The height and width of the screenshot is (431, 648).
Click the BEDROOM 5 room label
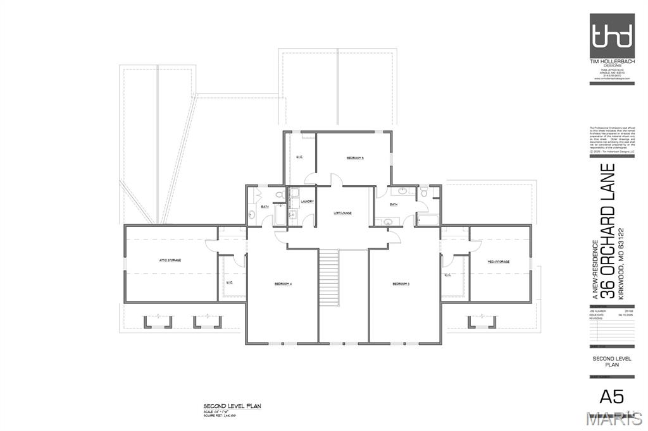[354, 157]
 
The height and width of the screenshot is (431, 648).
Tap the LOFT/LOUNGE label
[342, 213]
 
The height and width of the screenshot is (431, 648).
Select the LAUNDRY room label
[308, 202]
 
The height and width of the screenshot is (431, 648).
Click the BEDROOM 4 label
[282, 284]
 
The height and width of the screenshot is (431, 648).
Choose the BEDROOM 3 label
[401, 284]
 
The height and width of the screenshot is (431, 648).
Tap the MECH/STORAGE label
[498, 261]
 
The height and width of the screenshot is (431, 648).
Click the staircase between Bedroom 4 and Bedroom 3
[330, 278]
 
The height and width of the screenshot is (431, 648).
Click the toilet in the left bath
[278, 193]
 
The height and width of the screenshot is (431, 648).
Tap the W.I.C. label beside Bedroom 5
[299, 157]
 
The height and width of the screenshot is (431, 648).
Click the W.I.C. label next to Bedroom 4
[230, 282]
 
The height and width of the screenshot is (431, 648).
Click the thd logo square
[611, 35]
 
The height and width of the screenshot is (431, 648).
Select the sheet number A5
[611, 396]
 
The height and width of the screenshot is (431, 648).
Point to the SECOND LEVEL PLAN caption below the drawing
[232, 406]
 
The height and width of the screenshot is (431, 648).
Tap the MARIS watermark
[613, 418]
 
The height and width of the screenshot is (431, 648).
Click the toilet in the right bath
[424, 191]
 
